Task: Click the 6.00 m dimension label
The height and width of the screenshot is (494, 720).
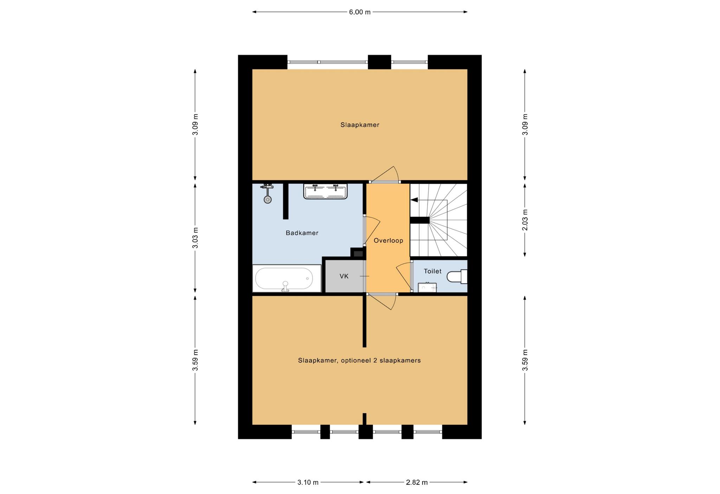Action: tap(360, 12)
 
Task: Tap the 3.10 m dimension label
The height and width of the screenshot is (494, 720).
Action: tap(308, 482)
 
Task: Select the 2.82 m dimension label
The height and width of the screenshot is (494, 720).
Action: tap(417, 482)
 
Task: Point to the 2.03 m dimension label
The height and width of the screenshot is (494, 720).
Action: tap(525, 220)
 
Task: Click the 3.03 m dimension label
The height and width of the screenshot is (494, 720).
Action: tap(195, 238)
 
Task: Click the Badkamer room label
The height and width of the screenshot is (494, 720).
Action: tap(302, 233)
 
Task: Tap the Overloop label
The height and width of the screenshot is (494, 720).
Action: tap(388, 241)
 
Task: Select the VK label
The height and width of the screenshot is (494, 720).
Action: tap(344, 277)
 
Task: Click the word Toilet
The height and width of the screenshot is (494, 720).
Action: tap(432, 271)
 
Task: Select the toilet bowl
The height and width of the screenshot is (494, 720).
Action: tap(457, 277)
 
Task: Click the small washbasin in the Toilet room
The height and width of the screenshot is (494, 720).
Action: tap(427, 287)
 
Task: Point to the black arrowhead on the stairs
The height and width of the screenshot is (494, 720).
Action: tap(414, 200)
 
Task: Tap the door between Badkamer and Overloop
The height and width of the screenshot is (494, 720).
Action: tap(372, 230)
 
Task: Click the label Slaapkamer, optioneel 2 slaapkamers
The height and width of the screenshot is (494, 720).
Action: tap(359, 360)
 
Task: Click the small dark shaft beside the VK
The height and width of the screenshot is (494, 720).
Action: tap(358, 253)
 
